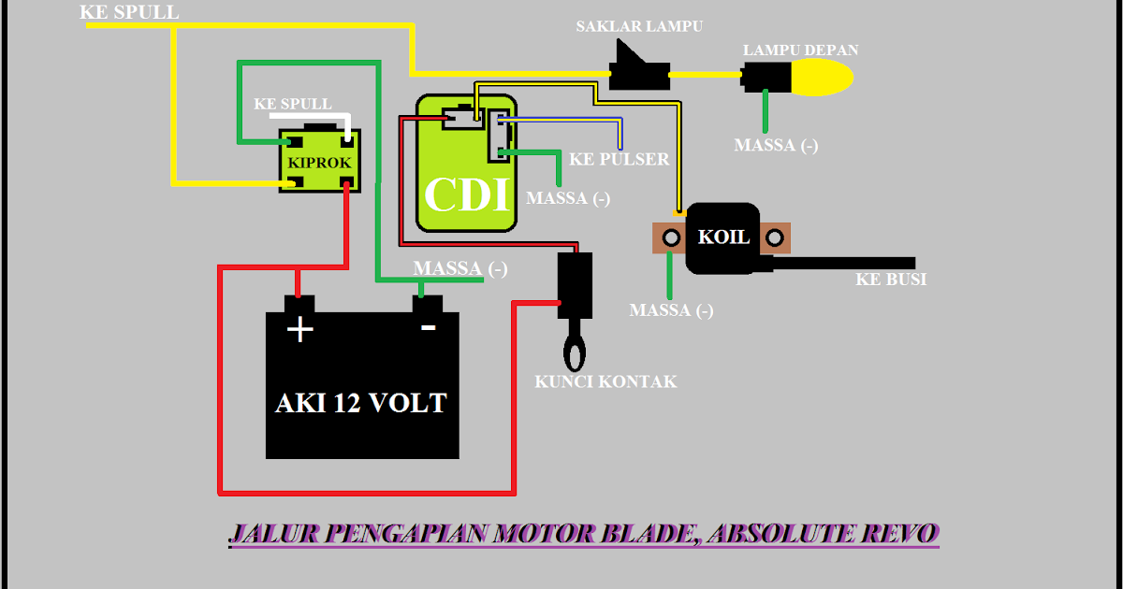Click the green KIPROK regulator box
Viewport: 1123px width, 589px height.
pyautogui.click(x=319, y=160)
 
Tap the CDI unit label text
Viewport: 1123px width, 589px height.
pyautogui.click(x=467, y=194)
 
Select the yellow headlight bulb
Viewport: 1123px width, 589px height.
pyautogui.click(x=823, y=77)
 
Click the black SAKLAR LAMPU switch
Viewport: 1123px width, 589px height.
pyautogui.click(x=639, y=65)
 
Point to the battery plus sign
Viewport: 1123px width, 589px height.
pyautogui.click(x=299, y=329)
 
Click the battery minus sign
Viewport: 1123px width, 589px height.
pyautogui.click(x=429, y=327)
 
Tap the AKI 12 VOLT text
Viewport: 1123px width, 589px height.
pyautogui.click(x=361, y=403)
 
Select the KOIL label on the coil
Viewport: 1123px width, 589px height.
pyautogui.click(x=723, y=237)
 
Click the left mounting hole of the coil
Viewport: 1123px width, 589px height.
pyautogui.click(x=671, y=237)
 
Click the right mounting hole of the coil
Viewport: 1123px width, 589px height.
pyautogui.click(x=775, y=237)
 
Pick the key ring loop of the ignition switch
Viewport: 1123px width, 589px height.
pyautogui.click(x=575, y=352)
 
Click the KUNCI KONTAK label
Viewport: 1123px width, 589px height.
pyautogui.click(x=605, y=382)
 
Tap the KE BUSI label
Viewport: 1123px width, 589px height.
pyautogui.click(x=891, y=280)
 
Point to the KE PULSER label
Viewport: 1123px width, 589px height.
pyautogui.click(x=619, y=159)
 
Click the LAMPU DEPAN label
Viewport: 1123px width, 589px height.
pyautogui.click(x=801, y=50)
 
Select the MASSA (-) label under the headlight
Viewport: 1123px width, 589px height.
pyautogui.click(x=776, y=145)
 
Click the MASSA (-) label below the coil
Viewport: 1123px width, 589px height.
pyautogui.click(x=671, y=310)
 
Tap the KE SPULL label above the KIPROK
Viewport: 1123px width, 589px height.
pyautogui.click(x=293, y=104)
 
